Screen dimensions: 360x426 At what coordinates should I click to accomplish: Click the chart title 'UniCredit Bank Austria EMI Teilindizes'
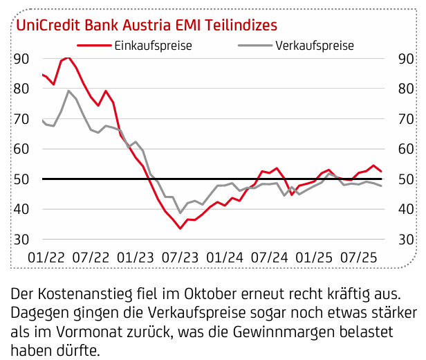pyautogui.click(x=147, y=25)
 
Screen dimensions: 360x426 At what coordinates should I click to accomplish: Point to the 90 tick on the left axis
pyautogui.click(x=21, y=58)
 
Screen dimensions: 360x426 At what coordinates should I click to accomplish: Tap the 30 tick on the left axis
pyautogui.click(x=21, y=239)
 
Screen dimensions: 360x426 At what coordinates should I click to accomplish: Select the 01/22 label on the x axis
pyautogui.click(x=46, y=256)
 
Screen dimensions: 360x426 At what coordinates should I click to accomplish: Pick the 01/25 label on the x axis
pyautogui.click(x=313, y=256)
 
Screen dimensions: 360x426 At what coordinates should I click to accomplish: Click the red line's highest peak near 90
pyautogui.click(x=67, y=58)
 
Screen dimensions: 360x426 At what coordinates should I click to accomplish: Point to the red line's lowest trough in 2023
pyautogui.click(x=180, y=228)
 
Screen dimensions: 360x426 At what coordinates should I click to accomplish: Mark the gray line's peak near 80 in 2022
pyautogui.click(x=68, y=91)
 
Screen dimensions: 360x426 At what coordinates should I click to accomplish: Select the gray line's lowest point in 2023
pyautogui.click(x=180, y=213)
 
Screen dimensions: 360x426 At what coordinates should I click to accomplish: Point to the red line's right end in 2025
pyautogui.click(x=381, y=171)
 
